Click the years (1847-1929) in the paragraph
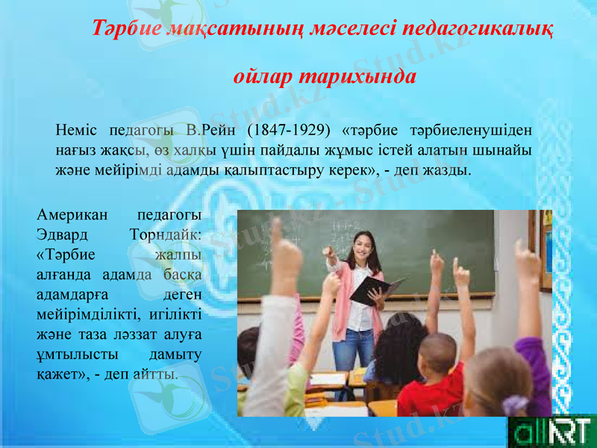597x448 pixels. pyautogui.click(x=286, y=129)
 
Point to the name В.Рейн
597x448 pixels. pyautogui.click(x=212, y=129)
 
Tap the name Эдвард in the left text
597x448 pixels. pyautogui.click(x=62, y=235)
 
